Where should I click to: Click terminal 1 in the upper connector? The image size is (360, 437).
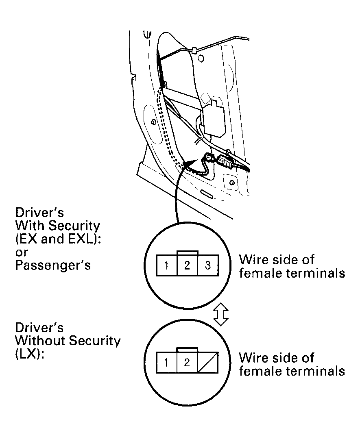click(x=167, y=266)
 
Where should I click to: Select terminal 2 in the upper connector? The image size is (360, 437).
click(x=187, y=266)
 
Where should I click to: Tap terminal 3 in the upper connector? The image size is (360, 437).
click(x=207, y=266)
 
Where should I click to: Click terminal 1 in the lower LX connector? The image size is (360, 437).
click(x=167, y=362)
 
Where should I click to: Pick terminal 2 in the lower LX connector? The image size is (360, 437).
click(x=187, y=362)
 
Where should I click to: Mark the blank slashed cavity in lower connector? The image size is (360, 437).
click(x=207, y=362)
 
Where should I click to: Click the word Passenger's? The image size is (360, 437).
click(x=52, y=265)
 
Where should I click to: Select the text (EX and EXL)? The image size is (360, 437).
click(x=58, y=239)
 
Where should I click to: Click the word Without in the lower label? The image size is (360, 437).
click(x=39, y=341)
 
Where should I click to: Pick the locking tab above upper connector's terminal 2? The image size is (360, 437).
click(x=187, y=252)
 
